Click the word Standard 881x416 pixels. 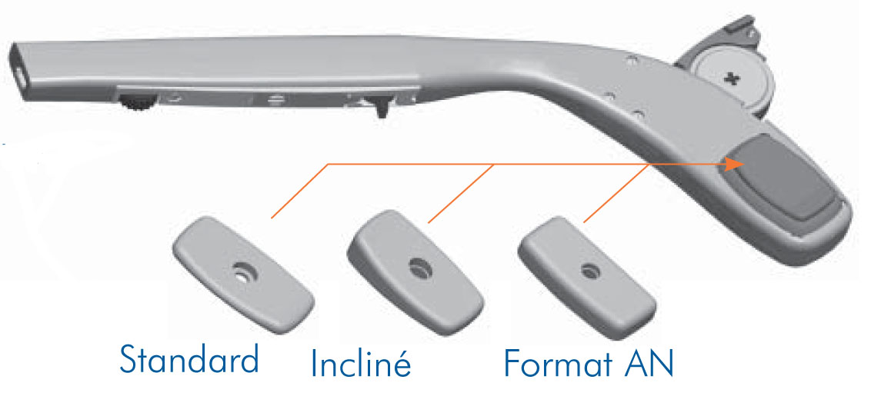[x=189, y=359]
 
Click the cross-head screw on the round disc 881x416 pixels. [x=731, y=80]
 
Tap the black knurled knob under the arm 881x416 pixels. [x=136, y=102]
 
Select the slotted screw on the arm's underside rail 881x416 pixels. [x=275, y=100]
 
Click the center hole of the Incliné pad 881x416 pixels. [x=418, y=268]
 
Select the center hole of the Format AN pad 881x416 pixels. [x=589, y=272]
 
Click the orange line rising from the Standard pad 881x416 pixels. [x=299, y=191]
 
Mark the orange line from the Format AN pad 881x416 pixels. [x=617, y=193]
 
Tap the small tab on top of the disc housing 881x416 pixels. [x=741, y=24]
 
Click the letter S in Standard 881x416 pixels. [x=128, y=359]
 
